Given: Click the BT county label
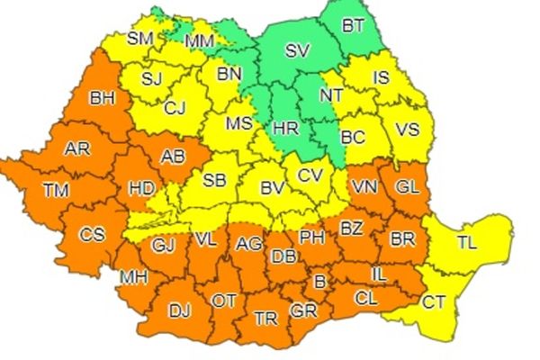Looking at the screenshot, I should coord(354,28).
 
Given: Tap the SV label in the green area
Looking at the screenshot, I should coord(296,51).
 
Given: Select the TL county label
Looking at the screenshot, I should coord(467,241).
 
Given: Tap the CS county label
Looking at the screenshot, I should coord(92,236).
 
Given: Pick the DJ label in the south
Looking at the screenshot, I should coord(179,311).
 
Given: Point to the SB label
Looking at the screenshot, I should coord(213,180).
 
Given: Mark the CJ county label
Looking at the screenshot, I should coord(174,110).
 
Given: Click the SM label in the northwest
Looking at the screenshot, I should coord(139,38).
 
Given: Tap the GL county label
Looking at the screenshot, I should coord(407,187).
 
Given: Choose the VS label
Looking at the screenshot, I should coord(408,129).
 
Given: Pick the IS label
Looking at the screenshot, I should coord(382,78).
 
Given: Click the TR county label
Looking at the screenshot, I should coord(265,319).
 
